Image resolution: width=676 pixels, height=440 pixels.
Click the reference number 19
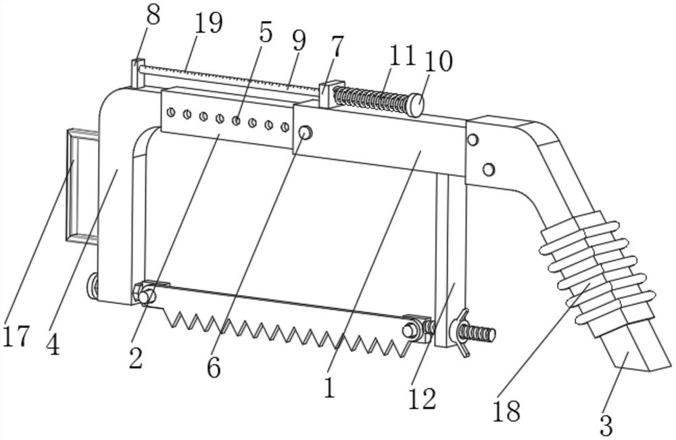coord(208,23)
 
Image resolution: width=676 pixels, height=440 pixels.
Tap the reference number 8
coord(153,14)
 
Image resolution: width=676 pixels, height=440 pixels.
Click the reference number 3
coord(606,425)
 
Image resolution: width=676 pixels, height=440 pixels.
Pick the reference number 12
coord(422,399)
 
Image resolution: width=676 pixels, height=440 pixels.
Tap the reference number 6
coord(214,367)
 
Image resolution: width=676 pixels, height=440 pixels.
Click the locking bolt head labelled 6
coord(305,133)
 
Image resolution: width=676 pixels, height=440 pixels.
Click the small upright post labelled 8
coord(138,74)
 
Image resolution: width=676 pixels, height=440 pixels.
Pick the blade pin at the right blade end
coord(409,330)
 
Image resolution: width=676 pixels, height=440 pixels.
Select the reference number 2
coord(136,357)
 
